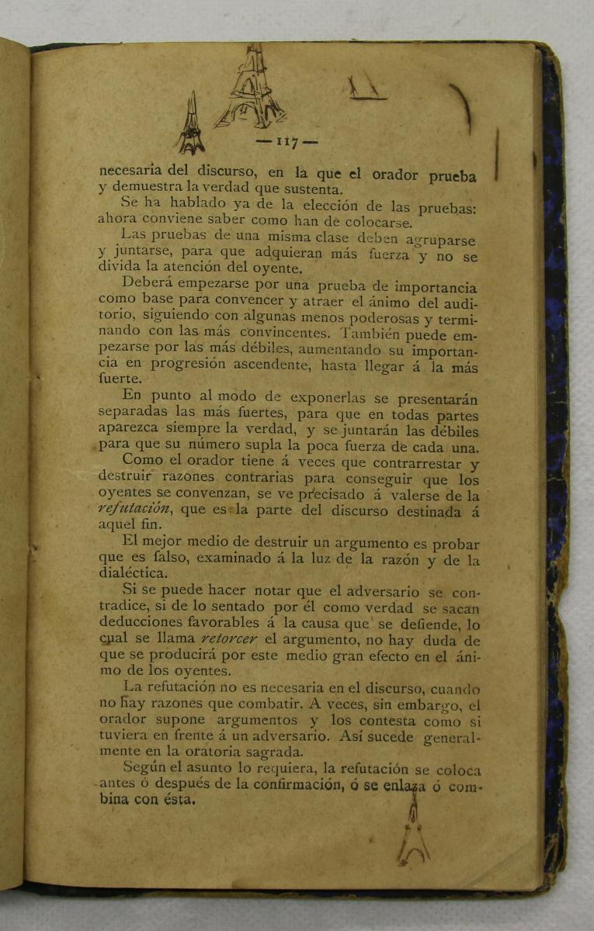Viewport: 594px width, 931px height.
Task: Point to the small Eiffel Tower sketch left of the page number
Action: [x=189, y=125]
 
